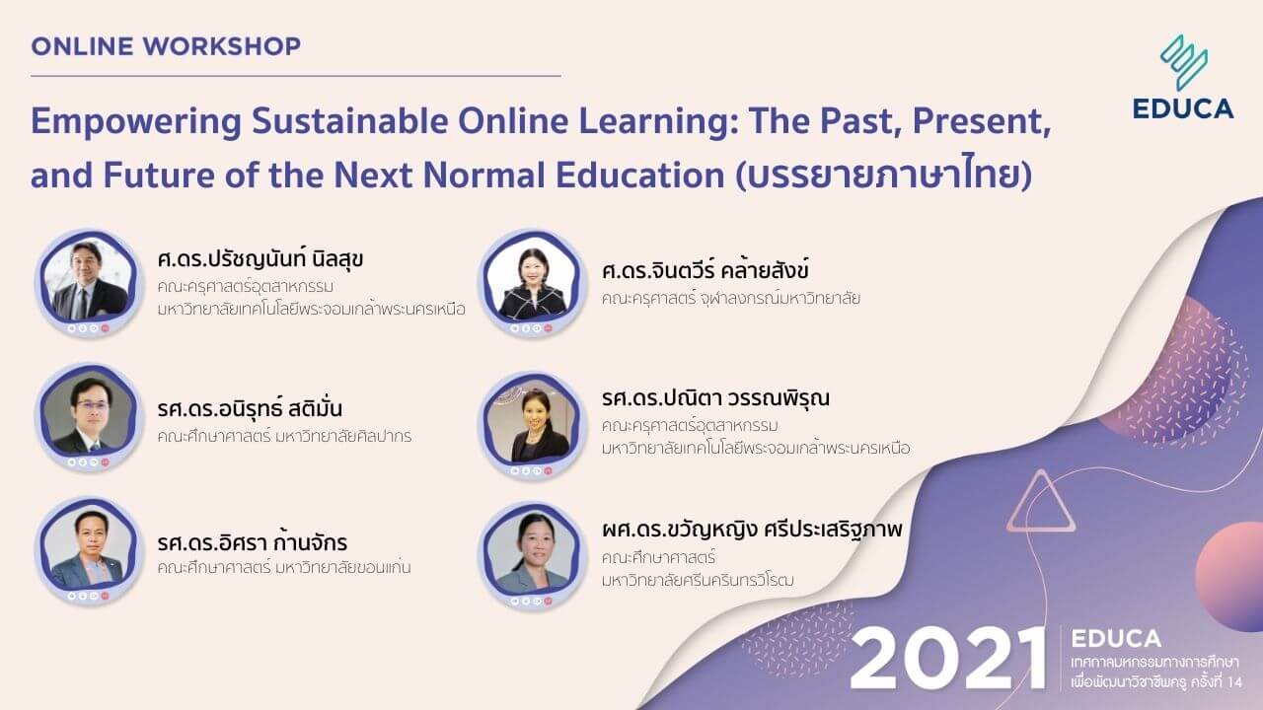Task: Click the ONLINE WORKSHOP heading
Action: tap(166, 46)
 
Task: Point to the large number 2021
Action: tap(947, 658)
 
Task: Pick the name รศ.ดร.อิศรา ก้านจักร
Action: tap(252, 543)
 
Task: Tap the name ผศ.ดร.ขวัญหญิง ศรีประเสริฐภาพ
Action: tap(751, 531)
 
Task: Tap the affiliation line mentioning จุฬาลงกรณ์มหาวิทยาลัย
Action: tap(730, 298)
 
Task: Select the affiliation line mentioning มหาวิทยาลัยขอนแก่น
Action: tap(284, 568)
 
